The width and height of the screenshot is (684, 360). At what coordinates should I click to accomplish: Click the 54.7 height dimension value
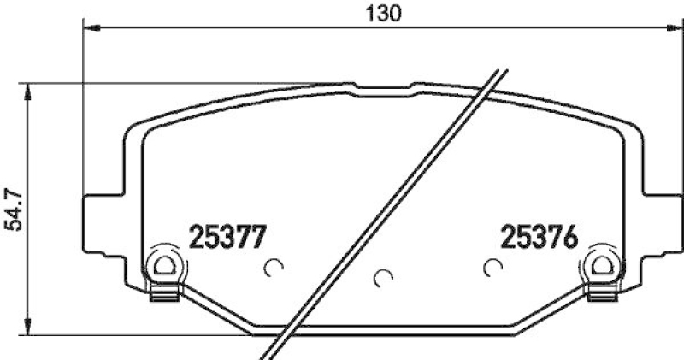pos(13,211)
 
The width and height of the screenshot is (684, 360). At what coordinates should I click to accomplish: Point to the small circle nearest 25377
pos(274,268)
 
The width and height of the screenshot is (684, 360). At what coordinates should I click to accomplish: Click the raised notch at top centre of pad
pos(383,86)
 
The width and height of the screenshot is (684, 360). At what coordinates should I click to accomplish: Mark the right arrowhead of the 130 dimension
pos(673,28)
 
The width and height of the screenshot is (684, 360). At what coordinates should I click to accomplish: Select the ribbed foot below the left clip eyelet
pos(162,295)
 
